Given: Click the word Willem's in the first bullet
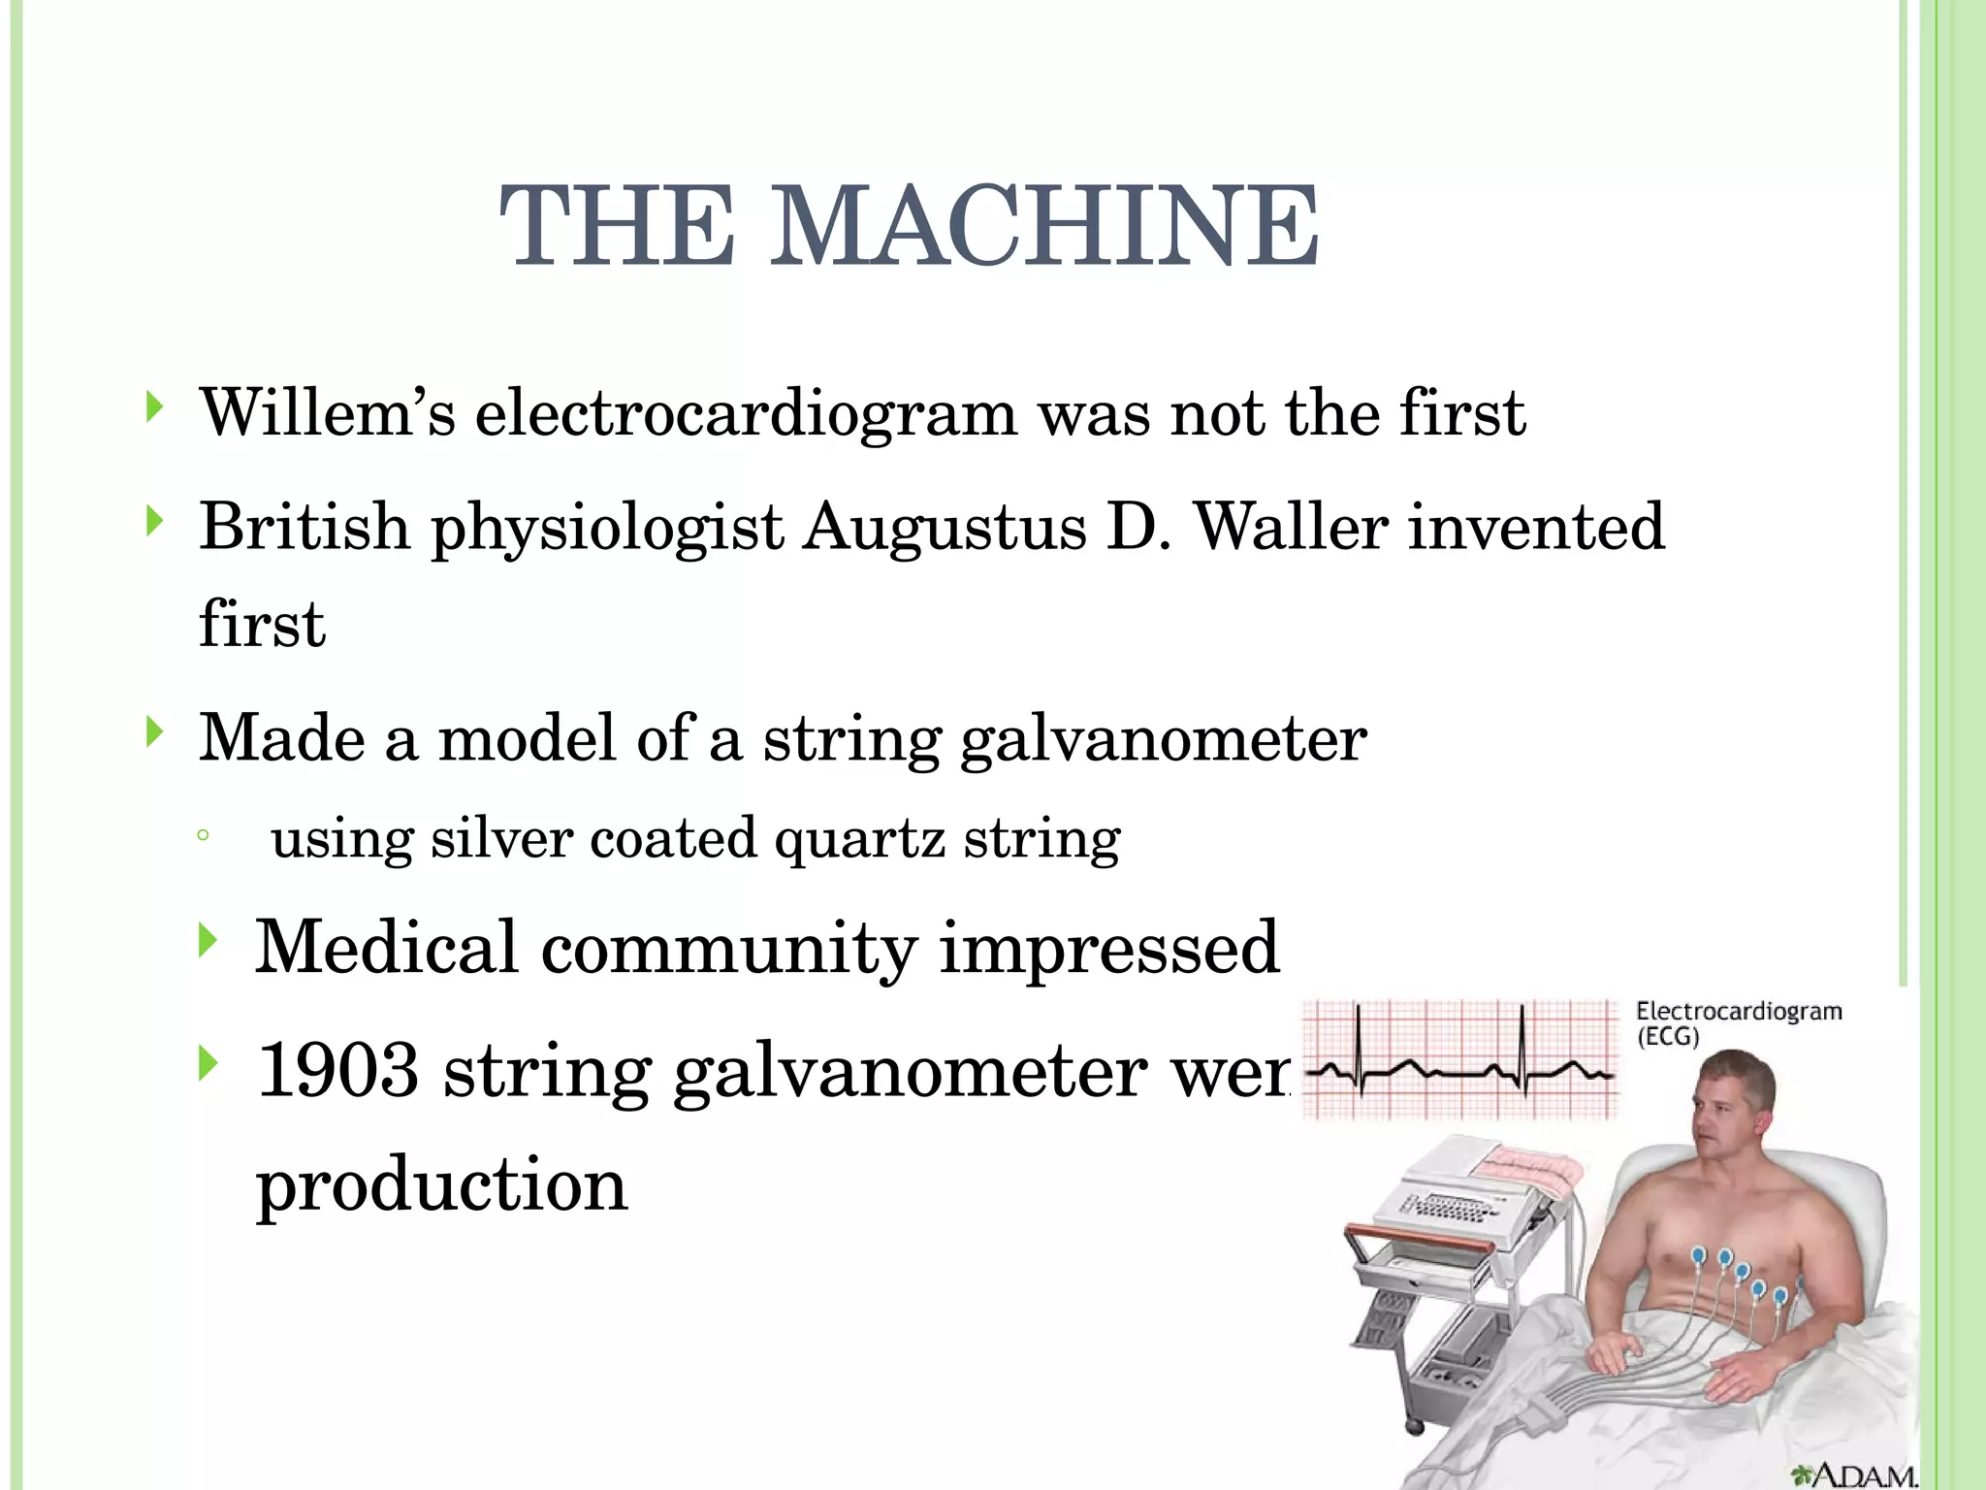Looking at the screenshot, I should click(x=327, y=413).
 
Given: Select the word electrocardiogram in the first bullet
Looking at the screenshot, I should click(x=746, y=413).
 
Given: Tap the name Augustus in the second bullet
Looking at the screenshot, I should click(x=945, y=528).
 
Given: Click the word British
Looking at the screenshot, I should click(x=304, y=528).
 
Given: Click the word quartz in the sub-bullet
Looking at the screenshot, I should click(x=859, y=838).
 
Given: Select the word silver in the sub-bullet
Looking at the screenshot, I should click(x=501, y=838).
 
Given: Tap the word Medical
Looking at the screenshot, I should click(x=386, y=948).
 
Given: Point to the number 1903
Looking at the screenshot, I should click(x=339, y=1070).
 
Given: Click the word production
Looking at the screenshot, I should click(x=442, y=1185).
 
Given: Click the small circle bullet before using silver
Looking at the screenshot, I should click(x=202, y=836).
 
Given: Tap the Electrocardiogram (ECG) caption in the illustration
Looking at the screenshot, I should click(x=1737, y=1023).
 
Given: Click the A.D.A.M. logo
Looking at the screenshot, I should click(x=1852, y=1474).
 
